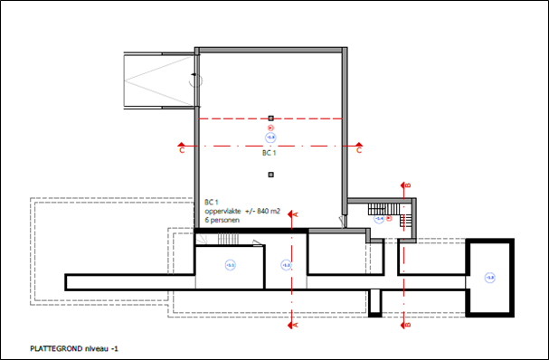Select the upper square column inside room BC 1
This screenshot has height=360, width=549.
point(270,118)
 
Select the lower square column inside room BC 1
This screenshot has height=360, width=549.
point(270,174)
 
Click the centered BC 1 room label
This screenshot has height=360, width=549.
point(269,154)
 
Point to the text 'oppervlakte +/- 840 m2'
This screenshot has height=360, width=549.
point(241,211)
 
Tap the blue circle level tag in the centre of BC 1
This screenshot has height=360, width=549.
point(270,137)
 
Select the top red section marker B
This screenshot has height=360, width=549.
point(407,185)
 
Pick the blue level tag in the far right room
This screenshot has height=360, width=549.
point(490,277)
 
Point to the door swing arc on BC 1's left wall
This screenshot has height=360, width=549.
point(194,81)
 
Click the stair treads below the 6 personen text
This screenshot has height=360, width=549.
point(225,239)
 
